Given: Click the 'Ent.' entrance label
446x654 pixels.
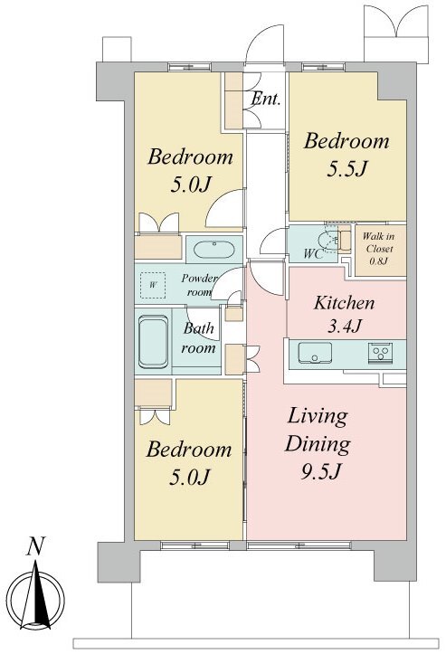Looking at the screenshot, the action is coord(265,100).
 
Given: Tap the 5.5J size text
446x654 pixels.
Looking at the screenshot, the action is coord(346,169).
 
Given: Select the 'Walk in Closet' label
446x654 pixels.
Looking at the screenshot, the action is coord(379,242).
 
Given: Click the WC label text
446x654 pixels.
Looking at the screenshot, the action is coord(313,253).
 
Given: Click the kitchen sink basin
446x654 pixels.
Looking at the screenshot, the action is coord(315,353).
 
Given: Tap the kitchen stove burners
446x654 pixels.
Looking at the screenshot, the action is coord(380,352).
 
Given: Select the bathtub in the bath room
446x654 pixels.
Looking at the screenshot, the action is coord(153,342).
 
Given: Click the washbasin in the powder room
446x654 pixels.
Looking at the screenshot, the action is coord(214,249).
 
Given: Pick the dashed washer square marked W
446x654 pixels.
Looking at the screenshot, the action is coord(153,285).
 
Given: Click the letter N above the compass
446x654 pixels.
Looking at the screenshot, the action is coord(35,546).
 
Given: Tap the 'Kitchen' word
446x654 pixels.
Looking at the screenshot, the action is coord(344,303).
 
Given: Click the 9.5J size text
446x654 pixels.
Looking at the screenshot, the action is coord(321,472).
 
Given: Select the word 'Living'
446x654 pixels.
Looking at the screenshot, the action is coord(318,417).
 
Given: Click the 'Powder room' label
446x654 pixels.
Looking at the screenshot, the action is coord(199,285).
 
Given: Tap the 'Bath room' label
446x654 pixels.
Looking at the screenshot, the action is coord(199,337).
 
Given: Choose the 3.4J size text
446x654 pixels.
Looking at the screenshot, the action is coord(344,326).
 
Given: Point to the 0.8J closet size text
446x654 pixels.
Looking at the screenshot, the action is coord(379,262).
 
